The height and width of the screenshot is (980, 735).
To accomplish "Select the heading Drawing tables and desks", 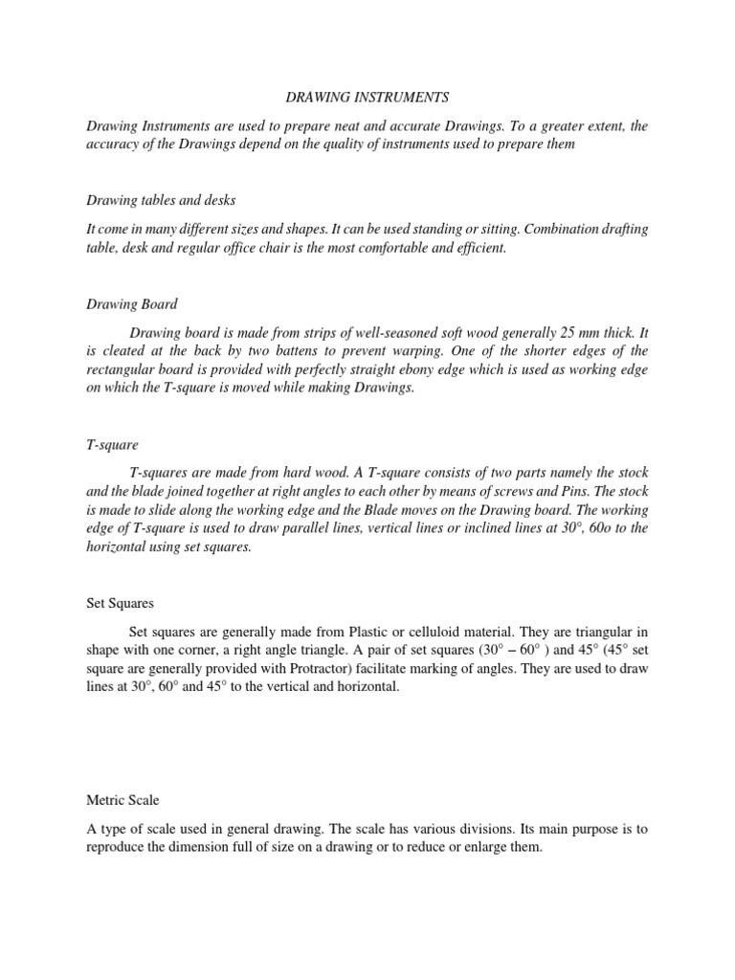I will click(x=161, y=199).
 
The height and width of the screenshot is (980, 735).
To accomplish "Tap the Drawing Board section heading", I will click(x=132, y=304).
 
